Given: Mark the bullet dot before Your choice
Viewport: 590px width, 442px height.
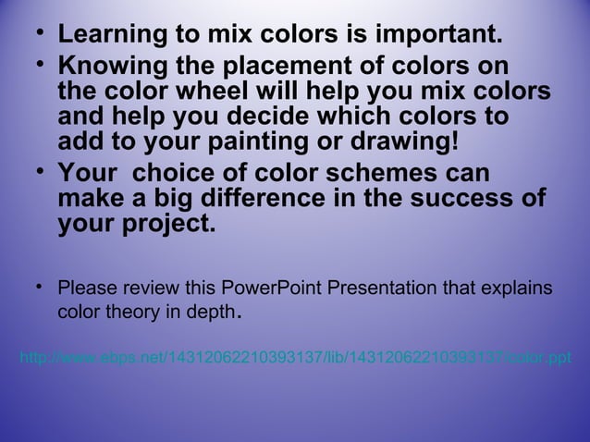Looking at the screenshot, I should click(39, 172).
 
